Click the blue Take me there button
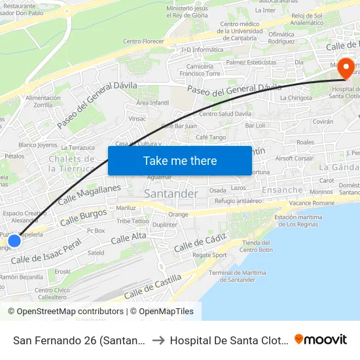(180, 160)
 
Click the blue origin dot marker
(14, 241)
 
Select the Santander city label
(170, 194)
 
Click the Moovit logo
(321, 340)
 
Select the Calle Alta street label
(128, 238)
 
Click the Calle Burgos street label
(83, 217)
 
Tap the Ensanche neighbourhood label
(283, 190)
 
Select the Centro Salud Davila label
(226, 113)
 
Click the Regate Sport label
(209, 255)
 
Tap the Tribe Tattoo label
(133, 221)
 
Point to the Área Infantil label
(152, 103)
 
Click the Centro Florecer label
(143, 41)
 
